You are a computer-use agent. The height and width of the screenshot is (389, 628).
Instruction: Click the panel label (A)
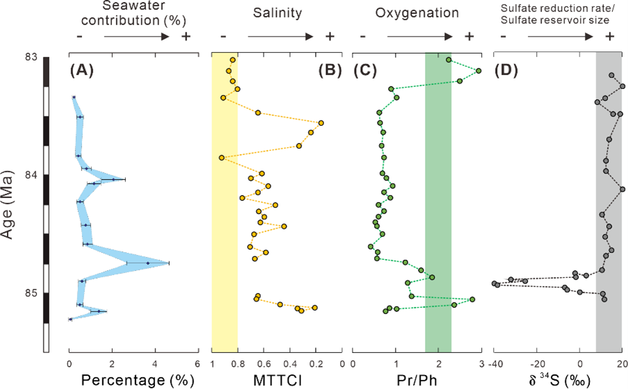[83, 70]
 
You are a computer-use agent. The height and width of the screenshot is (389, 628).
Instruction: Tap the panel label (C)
[367, 70]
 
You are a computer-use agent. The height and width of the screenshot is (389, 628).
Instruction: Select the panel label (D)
[508, 70]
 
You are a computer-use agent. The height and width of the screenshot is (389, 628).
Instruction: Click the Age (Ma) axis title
[9, 201]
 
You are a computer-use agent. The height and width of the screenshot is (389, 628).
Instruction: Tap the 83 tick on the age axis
[31, 56]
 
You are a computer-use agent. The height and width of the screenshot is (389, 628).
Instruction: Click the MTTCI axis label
[276, 380]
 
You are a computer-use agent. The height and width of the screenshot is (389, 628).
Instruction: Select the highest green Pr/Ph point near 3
[478, 70]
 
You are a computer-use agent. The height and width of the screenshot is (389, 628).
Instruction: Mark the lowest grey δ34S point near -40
[494, 283]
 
